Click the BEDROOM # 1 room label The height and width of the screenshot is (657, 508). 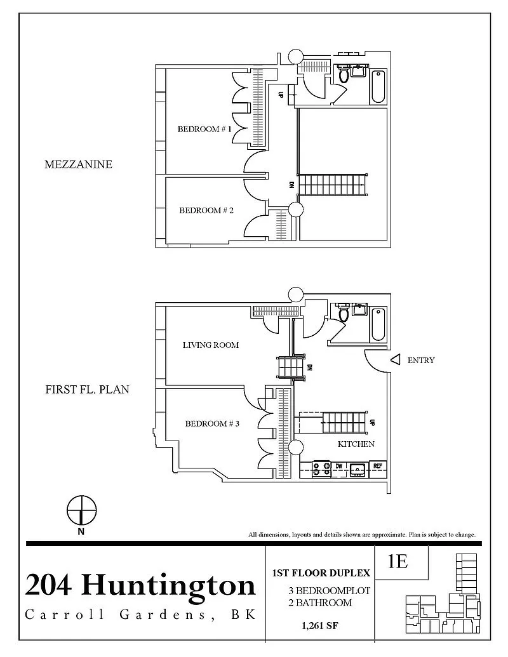(204, 129)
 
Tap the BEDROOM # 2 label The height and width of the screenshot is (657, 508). (206, 210)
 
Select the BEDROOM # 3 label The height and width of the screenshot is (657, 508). (212, 423)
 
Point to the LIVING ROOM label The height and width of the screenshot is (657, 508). (210, 345)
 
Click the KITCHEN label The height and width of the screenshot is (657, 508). (356, 444)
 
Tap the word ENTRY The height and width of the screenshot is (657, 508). (421, 360)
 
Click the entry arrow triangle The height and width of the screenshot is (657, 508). (395, 359)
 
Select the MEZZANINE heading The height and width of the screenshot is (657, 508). (78, 164)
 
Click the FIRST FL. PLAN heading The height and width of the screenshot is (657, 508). (87, 389)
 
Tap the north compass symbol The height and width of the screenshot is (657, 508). (82, 510)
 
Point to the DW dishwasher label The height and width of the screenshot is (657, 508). (338, 466)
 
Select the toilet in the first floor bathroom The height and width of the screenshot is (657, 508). (344, 314)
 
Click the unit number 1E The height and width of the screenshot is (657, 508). (398, 562)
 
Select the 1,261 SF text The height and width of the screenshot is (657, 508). (320, 626)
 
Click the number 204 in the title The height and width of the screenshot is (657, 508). (48, 585)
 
